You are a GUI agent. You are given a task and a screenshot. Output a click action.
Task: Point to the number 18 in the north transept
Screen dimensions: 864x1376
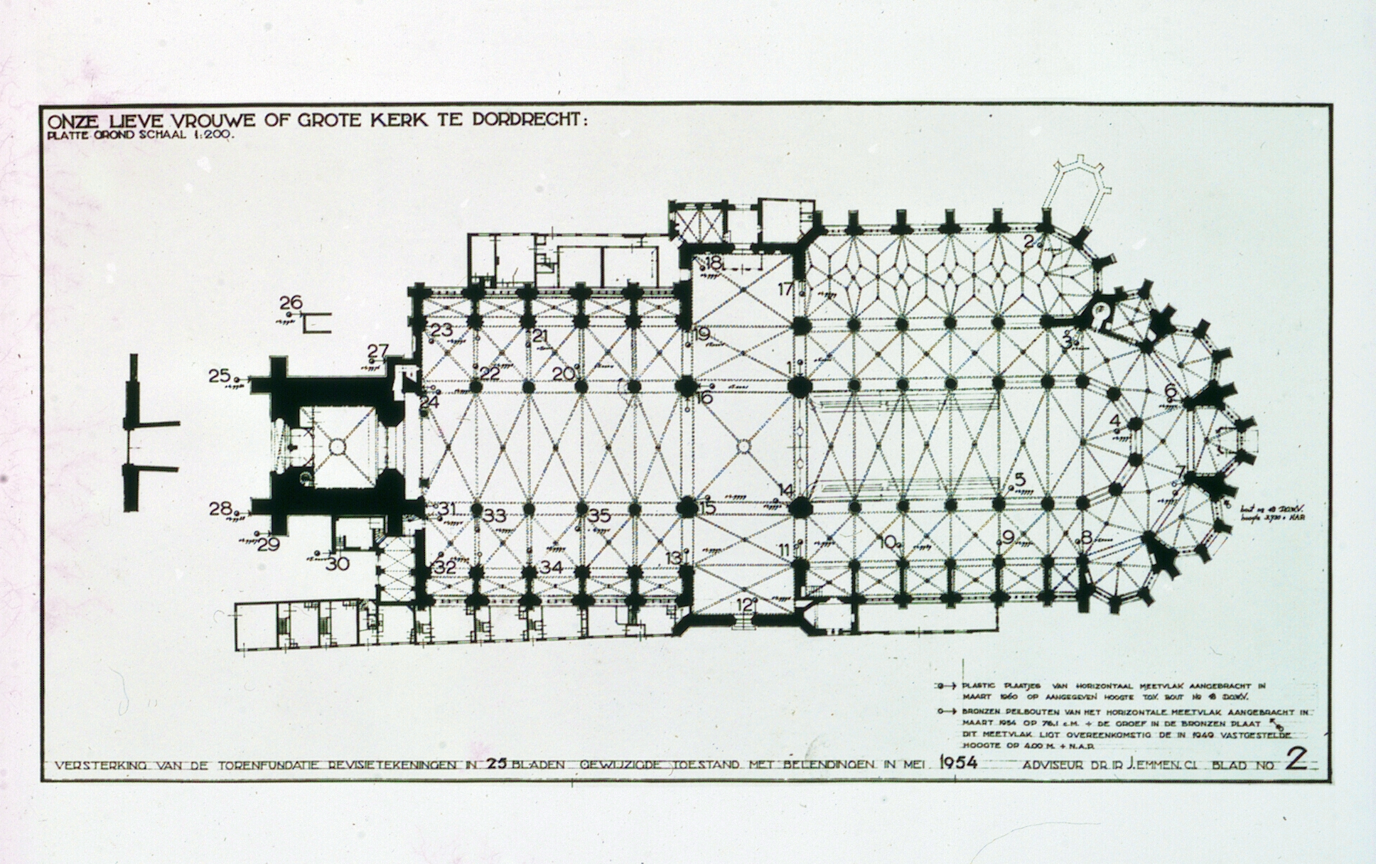click(x=713, y=263)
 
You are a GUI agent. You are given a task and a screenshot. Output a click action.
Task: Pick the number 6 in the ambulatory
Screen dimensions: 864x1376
click(x=1171, y=391)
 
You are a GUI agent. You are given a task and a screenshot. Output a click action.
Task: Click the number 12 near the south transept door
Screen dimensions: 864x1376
click(x=744, y=605)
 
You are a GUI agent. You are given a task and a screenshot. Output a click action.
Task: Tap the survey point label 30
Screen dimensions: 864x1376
click(x=338, y=563)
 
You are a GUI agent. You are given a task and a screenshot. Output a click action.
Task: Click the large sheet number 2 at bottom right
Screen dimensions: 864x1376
click(x=1296, y=760)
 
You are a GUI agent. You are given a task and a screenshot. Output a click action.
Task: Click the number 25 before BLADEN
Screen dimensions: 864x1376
click(x=495, y=765)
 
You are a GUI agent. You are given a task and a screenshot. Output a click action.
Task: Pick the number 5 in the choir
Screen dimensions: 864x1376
click(x=1021, y=479)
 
